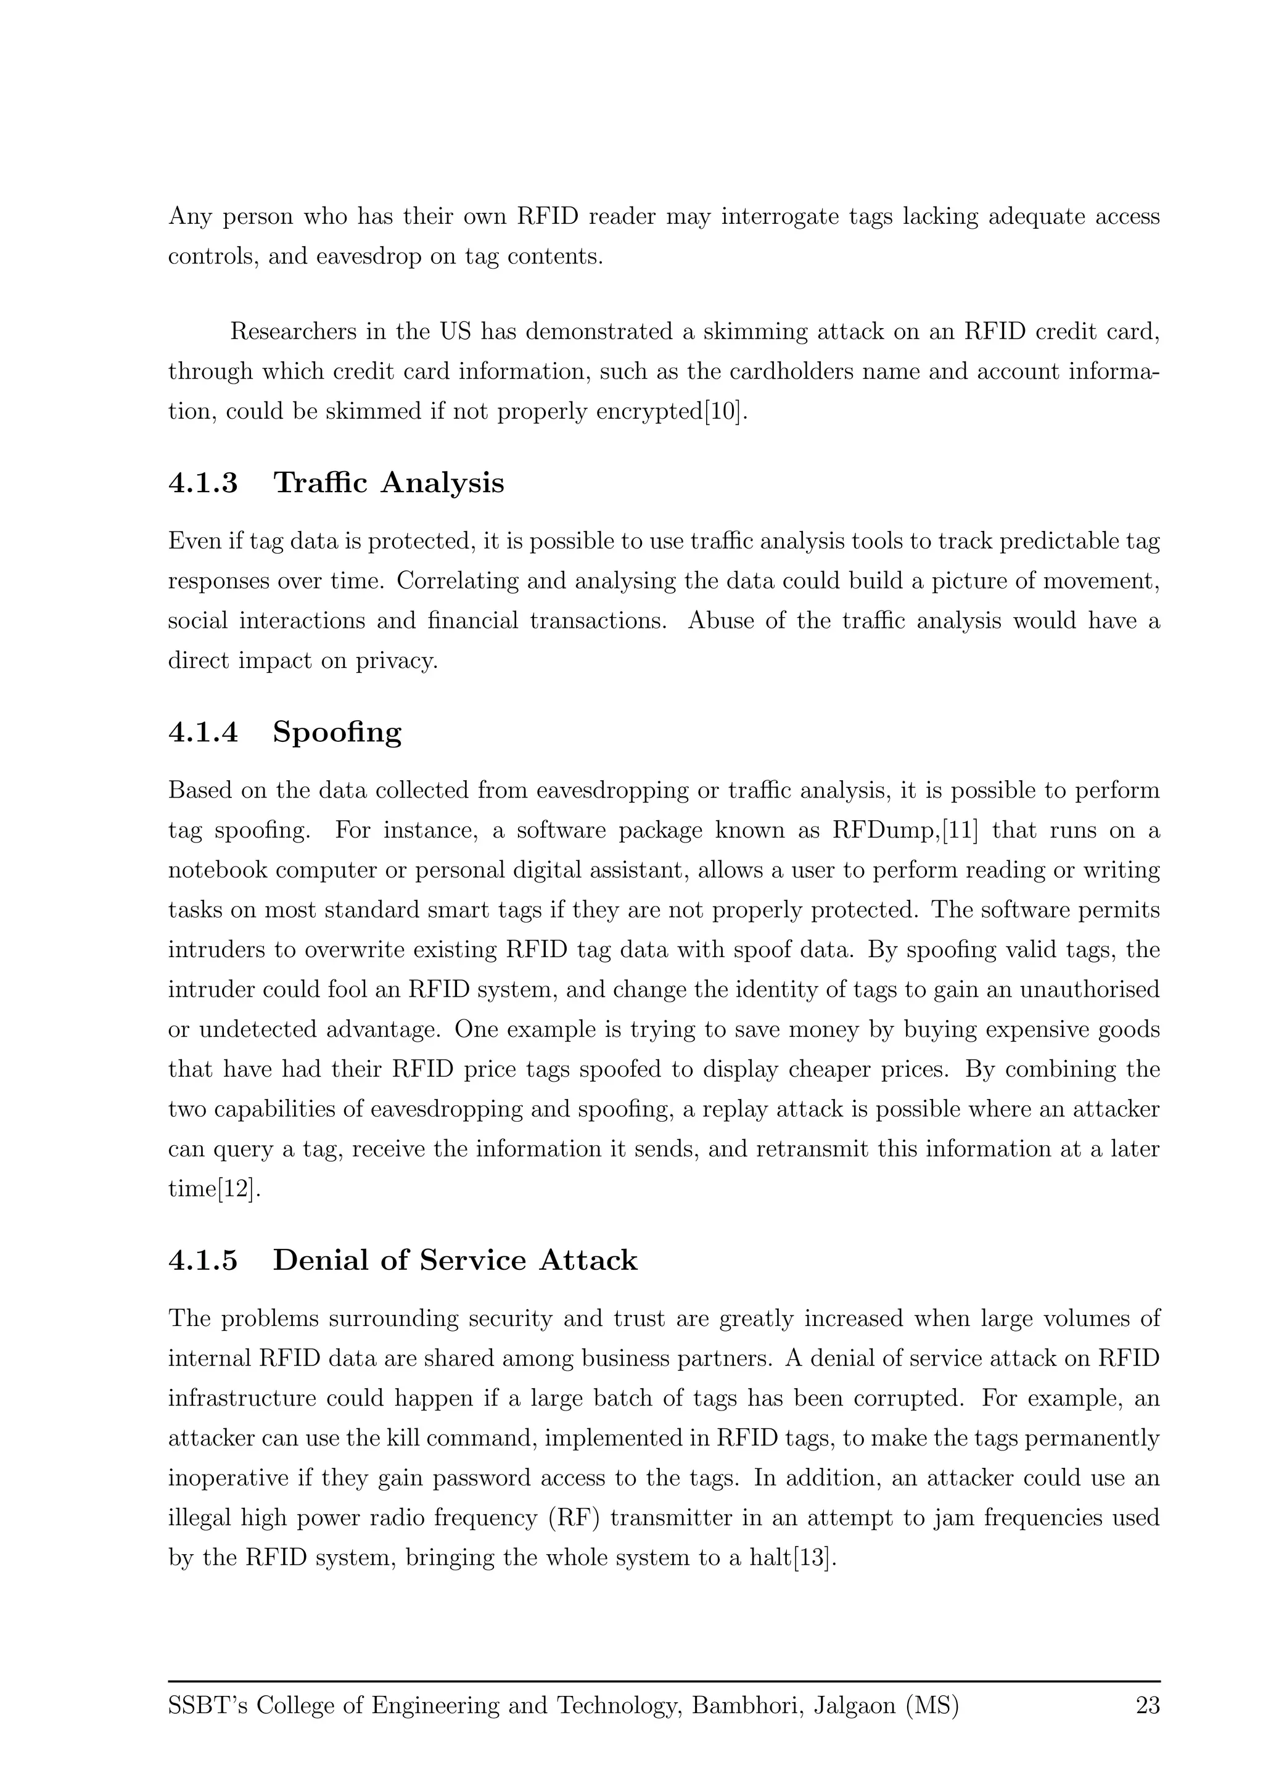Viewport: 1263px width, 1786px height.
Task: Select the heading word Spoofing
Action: [337, 732]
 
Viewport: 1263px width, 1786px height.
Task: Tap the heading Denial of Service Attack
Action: [455, 1260]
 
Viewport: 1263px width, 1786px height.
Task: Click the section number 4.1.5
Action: [203, 1260]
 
